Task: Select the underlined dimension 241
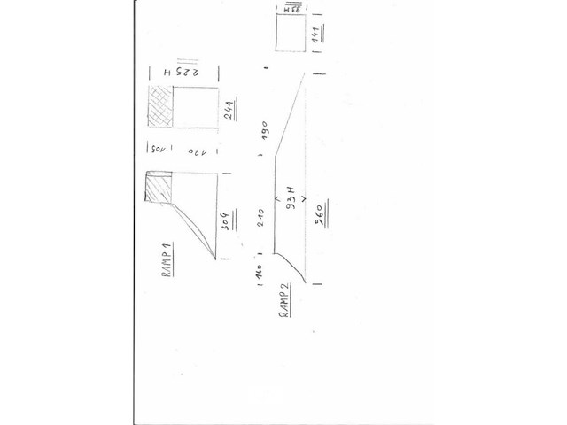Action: coord(229,111)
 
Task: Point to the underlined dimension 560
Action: coord(317,212)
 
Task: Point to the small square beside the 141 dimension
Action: coord(290,37)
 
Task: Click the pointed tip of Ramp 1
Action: coord(218,259)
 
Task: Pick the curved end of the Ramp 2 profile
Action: coord(299,270)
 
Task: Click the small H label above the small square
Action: coord(290,8)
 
